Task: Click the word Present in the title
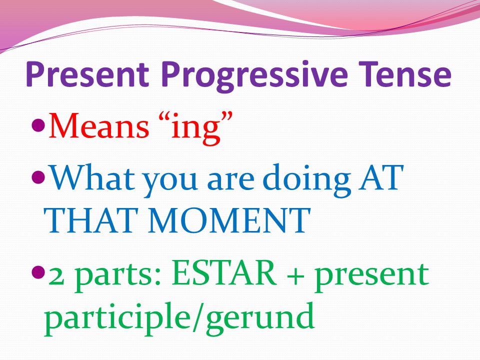point(87,74)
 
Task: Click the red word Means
point(99,126)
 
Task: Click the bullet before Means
point(38,125)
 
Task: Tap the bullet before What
point(38,176)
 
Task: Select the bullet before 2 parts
point(38,272)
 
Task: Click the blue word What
point(92,177)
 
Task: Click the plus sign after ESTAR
point(295,274)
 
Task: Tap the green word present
point(372,276)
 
